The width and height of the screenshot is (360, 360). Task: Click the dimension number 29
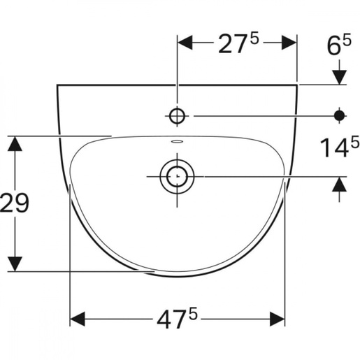tap(15, 203)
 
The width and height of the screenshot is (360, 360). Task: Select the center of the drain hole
tap(177, 177)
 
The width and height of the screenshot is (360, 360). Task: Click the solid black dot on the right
tap(340, 115)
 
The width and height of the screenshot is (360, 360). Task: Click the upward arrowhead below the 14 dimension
tap(340, 186)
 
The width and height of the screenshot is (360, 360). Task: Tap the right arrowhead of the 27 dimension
tap(289, 42)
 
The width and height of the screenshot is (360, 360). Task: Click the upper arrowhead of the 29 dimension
tap(15, 144)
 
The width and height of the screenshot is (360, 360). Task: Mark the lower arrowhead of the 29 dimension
tap(15, 263)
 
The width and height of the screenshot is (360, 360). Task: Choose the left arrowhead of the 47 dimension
tap(78, 319)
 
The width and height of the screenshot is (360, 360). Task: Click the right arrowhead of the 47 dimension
tap(277, 319)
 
